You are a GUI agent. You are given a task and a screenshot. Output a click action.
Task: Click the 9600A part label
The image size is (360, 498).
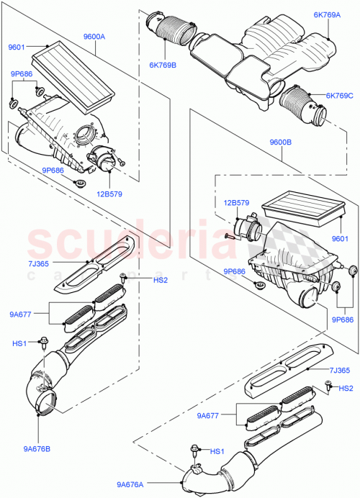click(x=94, y=36)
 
